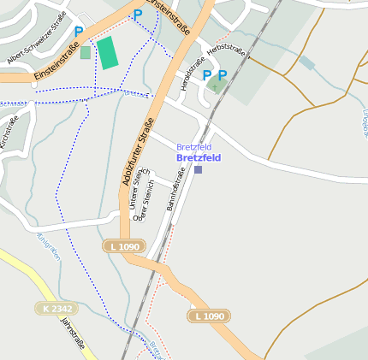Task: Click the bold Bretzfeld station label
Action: pos(198,158)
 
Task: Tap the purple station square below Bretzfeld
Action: pos(199,169)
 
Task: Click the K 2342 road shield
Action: pos(56,308)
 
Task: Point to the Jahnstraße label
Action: pos(74,335)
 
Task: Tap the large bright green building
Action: pos(108,53)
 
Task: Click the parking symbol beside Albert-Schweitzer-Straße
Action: pos(79,32)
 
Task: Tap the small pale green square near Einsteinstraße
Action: pos(85,52)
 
